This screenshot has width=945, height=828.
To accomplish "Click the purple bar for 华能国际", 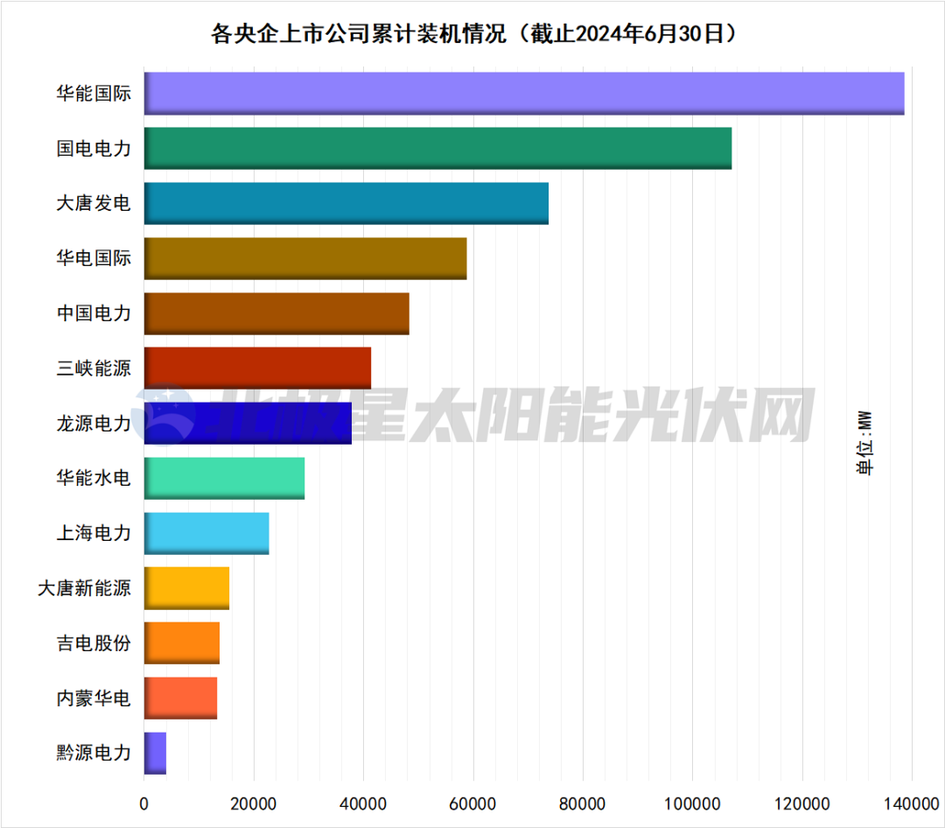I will coord(523,94).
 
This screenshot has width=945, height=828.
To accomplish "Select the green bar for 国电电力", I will coord(437,148).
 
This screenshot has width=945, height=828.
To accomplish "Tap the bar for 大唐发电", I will coord(346,203).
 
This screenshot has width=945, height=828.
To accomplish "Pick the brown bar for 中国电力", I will coord(276,313).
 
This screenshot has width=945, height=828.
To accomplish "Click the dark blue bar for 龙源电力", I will coord(248,423).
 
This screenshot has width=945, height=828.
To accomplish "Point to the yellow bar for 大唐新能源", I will coord(186,587).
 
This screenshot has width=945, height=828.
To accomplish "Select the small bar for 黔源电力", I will coord(155,753).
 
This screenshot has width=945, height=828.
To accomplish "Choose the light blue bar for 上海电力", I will coord(206,533).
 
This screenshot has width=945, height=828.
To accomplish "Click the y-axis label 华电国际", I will coord(94,258).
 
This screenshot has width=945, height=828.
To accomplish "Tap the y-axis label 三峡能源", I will coord(94,368).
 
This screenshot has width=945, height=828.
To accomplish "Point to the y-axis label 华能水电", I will coord(94,478).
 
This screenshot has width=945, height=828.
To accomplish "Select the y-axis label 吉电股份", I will coord(94,643).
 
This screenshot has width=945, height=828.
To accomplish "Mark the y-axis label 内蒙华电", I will coord(94,698).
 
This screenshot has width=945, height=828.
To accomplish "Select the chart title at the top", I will coord(472,34).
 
